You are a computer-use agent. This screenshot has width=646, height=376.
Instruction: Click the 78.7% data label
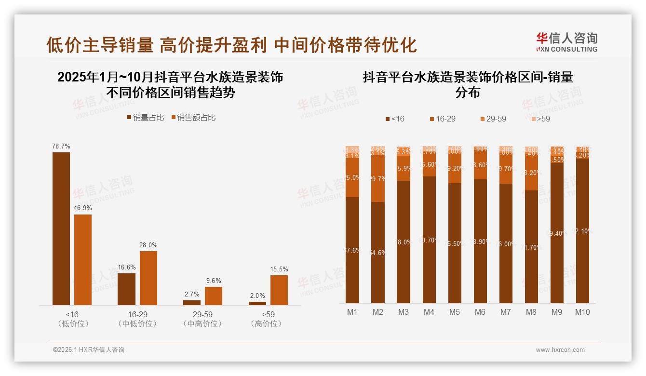click(x=61, y=146)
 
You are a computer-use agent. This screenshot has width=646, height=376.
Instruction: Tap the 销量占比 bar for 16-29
click(x=126, y=289)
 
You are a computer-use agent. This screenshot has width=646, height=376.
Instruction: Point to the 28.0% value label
click(x=148, y=245)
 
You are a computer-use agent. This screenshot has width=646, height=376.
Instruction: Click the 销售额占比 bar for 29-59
click(x=214, y=295)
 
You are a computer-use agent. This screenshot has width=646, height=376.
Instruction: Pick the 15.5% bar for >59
click(x=279, y=290)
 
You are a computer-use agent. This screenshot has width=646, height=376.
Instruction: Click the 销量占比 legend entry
click(x=146, y=117)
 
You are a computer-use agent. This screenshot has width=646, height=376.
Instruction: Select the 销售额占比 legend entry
click(x=193, y=117)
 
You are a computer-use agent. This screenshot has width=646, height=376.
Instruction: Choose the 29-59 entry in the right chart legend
click(x=493, y=119)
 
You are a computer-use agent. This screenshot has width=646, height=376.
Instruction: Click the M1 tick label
click(x=352, y=312)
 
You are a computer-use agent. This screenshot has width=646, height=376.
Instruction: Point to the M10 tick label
click(x=582, y=312)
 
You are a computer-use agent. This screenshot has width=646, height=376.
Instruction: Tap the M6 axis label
click(x=480, y=312)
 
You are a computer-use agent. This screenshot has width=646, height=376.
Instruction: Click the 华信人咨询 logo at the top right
click(x=566, y=42)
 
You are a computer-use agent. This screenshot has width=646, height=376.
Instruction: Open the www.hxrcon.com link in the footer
click(x=560, y=350)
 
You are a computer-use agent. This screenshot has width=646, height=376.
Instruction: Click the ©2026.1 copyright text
click(x=89, y=350)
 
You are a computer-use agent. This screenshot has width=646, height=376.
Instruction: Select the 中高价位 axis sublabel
click(x=202, y=324)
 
